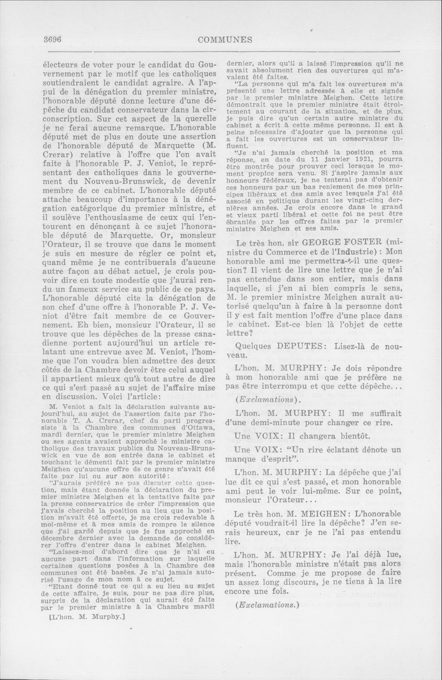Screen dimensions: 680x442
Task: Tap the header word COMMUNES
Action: [x=225, y=40]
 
